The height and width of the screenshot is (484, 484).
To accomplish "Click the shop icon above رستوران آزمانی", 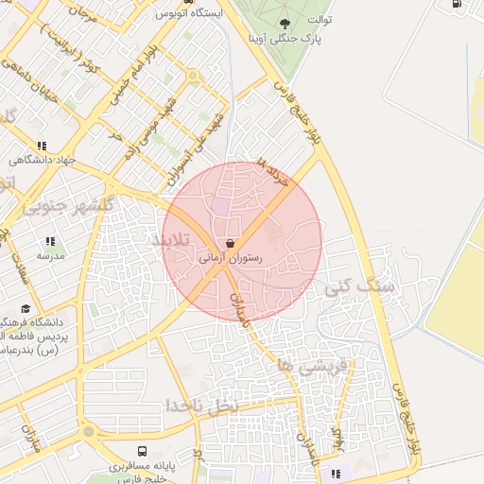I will tap(232, 243).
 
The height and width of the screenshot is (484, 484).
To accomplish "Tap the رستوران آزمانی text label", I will tap(232, 257).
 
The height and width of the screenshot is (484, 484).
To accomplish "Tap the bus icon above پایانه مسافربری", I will tap(142, 452).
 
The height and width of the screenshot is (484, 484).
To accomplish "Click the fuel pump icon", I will tap(458, 5).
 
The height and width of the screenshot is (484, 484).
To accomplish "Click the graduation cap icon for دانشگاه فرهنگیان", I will tap(26, 308).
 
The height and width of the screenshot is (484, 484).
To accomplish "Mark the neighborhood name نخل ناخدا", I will tap(203, 405).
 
